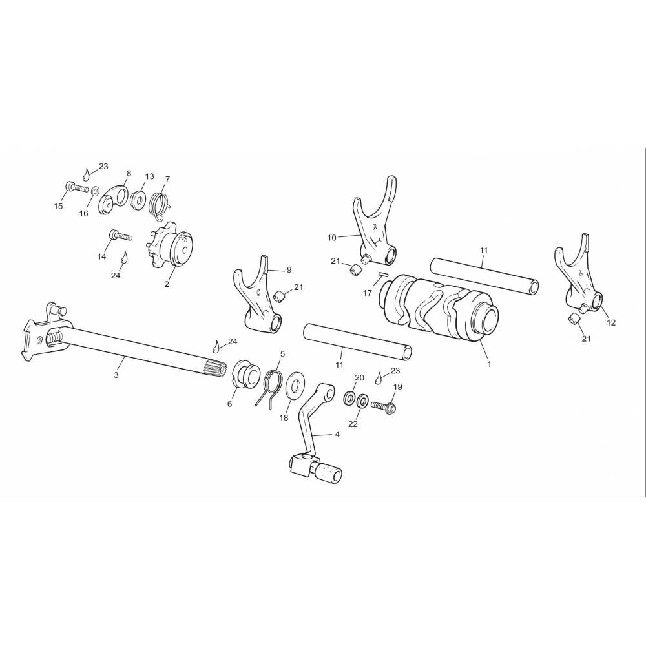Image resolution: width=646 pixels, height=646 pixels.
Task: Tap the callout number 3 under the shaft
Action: click(116, 375)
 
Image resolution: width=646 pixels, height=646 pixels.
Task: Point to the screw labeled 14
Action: click(121, 236)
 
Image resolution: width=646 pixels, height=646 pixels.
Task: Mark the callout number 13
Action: click(150, 176)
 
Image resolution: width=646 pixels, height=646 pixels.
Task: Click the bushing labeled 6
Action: click(246, 374)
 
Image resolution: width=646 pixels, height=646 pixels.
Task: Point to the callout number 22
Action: click(353, 424)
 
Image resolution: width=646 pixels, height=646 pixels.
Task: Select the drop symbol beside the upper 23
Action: click(86, 174)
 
